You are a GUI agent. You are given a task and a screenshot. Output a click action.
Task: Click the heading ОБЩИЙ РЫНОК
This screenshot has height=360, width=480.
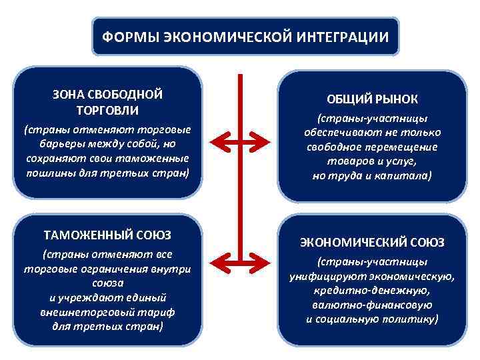(373, 99)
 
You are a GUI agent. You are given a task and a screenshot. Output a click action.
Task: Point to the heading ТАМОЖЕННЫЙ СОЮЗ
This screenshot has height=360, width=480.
(107, 235)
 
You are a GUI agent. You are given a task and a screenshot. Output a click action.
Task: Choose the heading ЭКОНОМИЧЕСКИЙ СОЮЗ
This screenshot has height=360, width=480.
(372, 242)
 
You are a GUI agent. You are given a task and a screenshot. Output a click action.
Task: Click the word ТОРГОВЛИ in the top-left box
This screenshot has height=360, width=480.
(107, 109)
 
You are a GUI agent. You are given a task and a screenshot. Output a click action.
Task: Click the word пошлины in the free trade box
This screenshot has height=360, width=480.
(48, 173)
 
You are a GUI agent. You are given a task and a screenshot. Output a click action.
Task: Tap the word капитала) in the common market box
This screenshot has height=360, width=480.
(406, 176)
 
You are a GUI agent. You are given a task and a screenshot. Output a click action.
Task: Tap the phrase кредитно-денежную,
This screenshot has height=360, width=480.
(372, 291)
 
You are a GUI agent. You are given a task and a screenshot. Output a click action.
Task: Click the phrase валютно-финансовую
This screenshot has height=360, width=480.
(372, 305)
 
